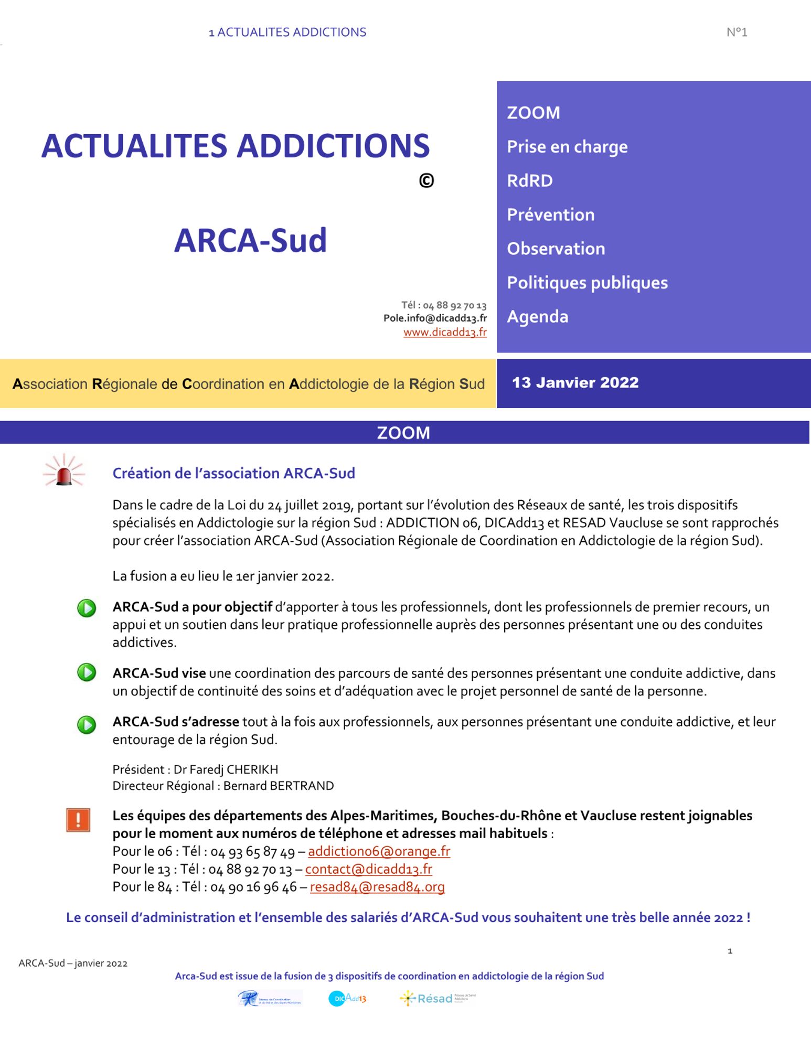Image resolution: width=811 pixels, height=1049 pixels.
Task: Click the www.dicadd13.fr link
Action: point(445,333)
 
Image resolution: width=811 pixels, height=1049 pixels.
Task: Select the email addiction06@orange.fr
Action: point(379,851)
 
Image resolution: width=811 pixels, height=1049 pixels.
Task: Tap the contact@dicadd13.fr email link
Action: point(368,869)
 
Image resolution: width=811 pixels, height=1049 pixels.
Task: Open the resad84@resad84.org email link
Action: point(377,887)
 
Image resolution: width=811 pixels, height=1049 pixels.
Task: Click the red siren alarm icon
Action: point(64,471)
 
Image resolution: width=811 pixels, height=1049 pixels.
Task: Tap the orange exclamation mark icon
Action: point(78,820)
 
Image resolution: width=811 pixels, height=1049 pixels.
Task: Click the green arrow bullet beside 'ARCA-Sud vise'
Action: point(87,672)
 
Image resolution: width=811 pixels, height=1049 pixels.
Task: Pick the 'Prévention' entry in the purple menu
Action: point(550,215)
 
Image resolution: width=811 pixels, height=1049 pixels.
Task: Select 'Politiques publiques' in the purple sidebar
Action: point(587,283)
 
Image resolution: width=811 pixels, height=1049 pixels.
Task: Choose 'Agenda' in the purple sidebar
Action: point(537,317)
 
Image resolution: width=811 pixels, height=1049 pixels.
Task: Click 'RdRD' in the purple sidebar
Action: point(529,180)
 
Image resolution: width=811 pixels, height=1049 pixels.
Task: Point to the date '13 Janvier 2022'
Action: point(575,382)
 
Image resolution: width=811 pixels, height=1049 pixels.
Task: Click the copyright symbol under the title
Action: point(426,181)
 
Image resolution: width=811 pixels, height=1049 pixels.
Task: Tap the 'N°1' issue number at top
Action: point(737,33)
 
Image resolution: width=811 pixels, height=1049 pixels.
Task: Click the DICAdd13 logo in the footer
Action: point(347,998)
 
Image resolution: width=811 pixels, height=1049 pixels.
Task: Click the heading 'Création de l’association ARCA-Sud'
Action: point(233,473)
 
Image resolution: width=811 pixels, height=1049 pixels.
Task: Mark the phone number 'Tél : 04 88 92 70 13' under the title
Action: point(444,305)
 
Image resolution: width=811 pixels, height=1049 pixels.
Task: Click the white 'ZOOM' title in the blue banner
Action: point(403,433)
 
